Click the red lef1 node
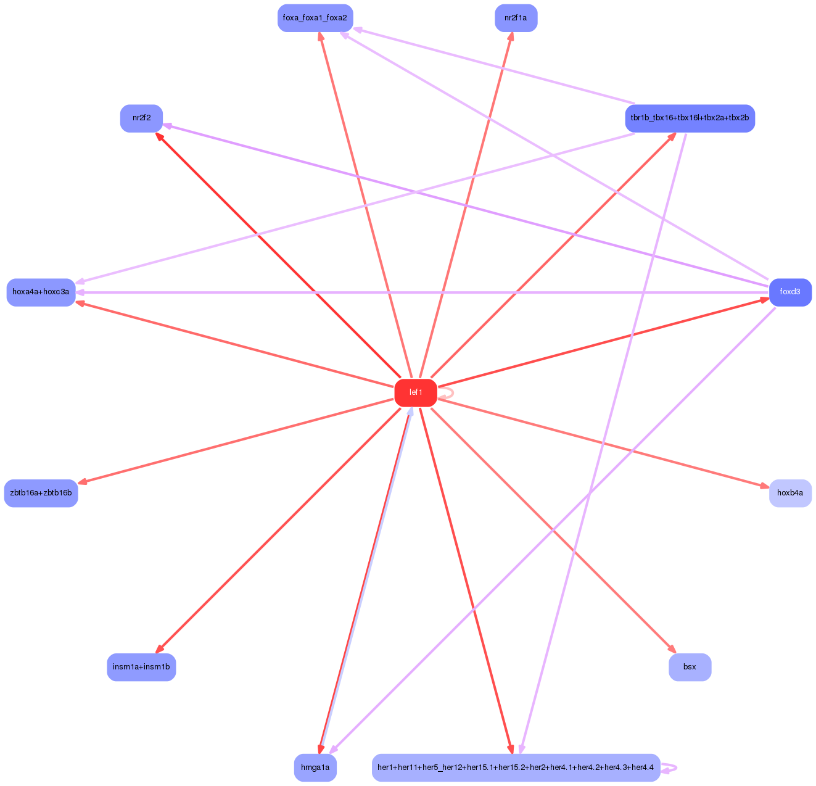416,393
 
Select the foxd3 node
789,292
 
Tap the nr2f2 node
141,118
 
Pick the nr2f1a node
516,18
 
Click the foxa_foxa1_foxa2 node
315,18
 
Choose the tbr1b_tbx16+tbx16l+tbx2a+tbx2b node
690,118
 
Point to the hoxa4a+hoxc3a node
41,292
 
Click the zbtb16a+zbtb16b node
41,493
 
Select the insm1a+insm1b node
141,667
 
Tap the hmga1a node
315,767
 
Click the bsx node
690,667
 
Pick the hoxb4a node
789,493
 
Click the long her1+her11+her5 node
516,767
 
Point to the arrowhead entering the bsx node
672,649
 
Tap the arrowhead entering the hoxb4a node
764,487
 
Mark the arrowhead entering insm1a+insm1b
159,649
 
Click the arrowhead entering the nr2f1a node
511,36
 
